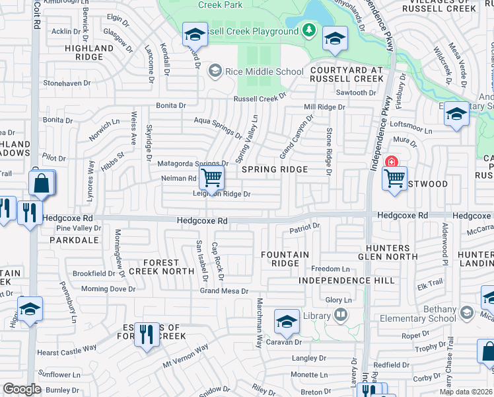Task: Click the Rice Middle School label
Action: pyautogui.click(x=264, y=71)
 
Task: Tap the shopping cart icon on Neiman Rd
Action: pyautogui.click(x=212, y=177)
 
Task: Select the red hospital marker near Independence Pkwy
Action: pyautogui.click(x=392, y=162)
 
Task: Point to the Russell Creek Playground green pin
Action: pyautogui.click(x=308, y=30)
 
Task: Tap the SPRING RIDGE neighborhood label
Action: pyautogui.click(x=275, y=169)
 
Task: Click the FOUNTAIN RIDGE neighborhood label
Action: pyautogui.click(x=285, y=259)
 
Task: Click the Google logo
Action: pyautogui.click(x=22, y=389)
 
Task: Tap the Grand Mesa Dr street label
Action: pyautogui.click(x=225, y=291)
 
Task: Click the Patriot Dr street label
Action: pyautogui.click(x=304, y=226)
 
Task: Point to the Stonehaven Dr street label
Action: pyautogui.click(x=67, y=83)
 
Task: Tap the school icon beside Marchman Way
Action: pyautogui.click(x=287, y=322)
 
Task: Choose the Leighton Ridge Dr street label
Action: pyautogui.click(x=221, y=194)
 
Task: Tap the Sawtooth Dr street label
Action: pyautogui.click(x=356, y=93)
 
